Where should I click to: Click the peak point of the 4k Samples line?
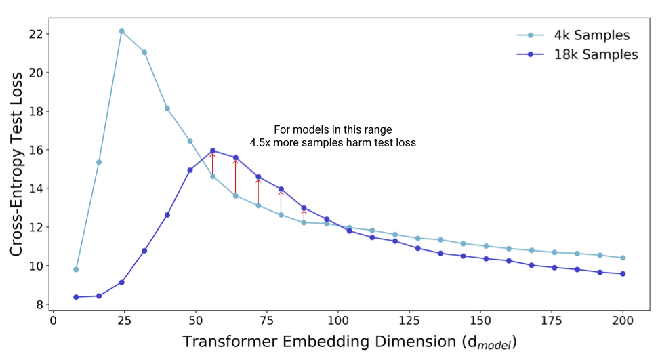tap(122, 31)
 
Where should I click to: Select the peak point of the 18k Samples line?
tap(213, 151)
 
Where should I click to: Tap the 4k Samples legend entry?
tap(573, 35)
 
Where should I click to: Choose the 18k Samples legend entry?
tap(577, 54)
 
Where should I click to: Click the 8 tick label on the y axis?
tap(40, 304)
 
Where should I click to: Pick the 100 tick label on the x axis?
tap(338, 321)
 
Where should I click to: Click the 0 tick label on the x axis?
tap(54, 321)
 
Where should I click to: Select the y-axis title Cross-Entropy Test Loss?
tap(16, 164)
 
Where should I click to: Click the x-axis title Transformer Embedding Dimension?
tap(319, 342)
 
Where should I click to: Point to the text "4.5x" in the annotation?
tap(260, 143)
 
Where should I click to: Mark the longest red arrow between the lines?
tap(235, 177)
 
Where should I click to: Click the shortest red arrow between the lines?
tap(304, 216)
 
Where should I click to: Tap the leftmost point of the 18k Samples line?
tap(76, 297)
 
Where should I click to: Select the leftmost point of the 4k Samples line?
tap(76, 269)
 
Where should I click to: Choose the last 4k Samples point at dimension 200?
tap(623, 258)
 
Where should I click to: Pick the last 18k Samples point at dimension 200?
tap(623, 274)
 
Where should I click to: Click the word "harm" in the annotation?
tap(356, 143)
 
